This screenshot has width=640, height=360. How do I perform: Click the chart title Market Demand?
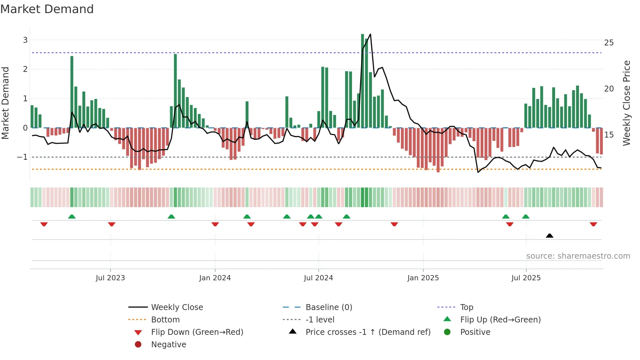pyautogui.click(x=47, y=9)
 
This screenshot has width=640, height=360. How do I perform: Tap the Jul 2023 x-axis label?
pyautogui.click(x=110, y=278)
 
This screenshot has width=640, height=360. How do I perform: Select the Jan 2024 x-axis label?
pyautogui.click(x=215, y=278)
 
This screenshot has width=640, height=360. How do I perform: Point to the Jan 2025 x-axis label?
pyautogui.click(x=423, y=278)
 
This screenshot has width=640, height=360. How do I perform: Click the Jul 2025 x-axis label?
pyautogui.click(x=526, y=278)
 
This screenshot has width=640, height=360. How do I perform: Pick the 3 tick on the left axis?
pyautogui.click(x=25, y=40)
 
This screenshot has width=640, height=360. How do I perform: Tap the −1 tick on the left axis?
pyautogui.click(x=22, y=157)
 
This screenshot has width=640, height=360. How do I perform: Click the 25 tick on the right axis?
pyautogui.click(x=609, y=43)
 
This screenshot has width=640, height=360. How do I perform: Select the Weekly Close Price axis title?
pyautogui.click(x=626, y=103)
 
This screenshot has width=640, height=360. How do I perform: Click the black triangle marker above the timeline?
pyautogui.click(x=550, y=236)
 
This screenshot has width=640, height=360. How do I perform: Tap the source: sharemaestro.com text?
pyautogui.click(x=578, y=256)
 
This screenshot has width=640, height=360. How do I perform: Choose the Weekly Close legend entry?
pyautogui.click(x=177, y=307)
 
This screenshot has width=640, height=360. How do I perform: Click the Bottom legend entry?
pyautogui.click(x=165, y=320)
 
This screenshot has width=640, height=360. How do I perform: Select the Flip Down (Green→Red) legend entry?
pyautogui.click(x=197, y=332)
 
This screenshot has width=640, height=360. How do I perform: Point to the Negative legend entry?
pyautogui.click(x=168, y=345)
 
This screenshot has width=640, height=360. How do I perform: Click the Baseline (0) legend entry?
pyautogui.click(x=328, y=307)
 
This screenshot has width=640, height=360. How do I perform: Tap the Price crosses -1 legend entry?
pyautogui.click(x=368, y=332)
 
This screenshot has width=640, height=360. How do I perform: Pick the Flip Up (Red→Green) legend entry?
pyautogui.click(x=500, y=320)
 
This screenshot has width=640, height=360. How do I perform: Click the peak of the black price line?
pyautogui.click(x=370, y=34)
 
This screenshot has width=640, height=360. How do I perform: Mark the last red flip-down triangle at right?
pyautogui.click(x=593, y=224)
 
